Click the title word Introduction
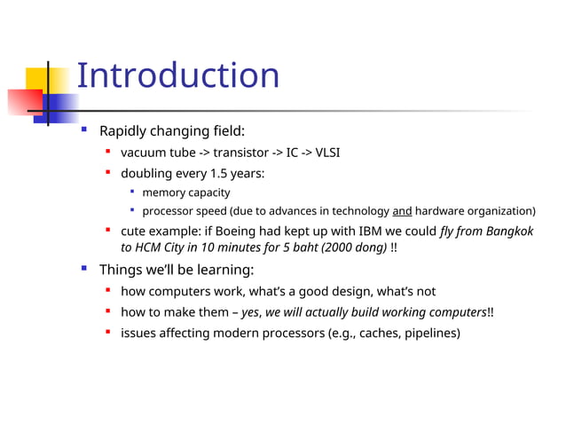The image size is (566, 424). tap(177, 75)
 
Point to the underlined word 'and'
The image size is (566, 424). tap(402, 211)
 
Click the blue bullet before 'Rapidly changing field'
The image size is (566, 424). tap(83, 130)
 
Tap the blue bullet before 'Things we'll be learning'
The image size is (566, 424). tap(83, 268)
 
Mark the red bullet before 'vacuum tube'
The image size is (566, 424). tap(107, 152)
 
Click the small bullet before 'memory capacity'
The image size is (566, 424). tap(131, 192)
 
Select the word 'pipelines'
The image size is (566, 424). tap(429, 334)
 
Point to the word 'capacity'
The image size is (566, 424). tap(208, 192)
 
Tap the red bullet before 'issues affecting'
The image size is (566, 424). tap(107, 334)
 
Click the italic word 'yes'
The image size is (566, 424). tap(251, 312)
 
